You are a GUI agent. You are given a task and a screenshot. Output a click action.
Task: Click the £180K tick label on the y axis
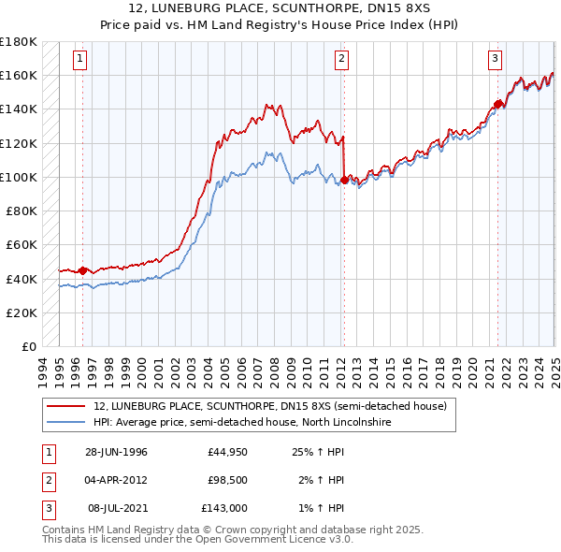point(20,42)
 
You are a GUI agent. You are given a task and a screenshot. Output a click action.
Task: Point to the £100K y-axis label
point(20,177)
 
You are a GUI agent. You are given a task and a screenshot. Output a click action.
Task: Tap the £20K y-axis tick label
point(23,312)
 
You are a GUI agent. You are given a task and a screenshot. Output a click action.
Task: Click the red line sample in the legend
point(65,406)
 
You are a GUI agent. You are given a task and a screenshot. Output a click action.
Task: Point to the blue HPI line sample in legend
point(65,423)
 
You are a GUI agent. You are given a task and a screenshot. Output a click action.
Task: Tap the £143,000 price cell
point(224,508)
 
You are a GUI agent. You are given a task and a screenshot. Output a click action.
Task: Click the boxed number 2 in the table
point(46,481)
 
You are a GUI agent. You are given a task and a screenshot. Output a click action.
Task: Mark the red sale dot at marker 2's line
point(344,180)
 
